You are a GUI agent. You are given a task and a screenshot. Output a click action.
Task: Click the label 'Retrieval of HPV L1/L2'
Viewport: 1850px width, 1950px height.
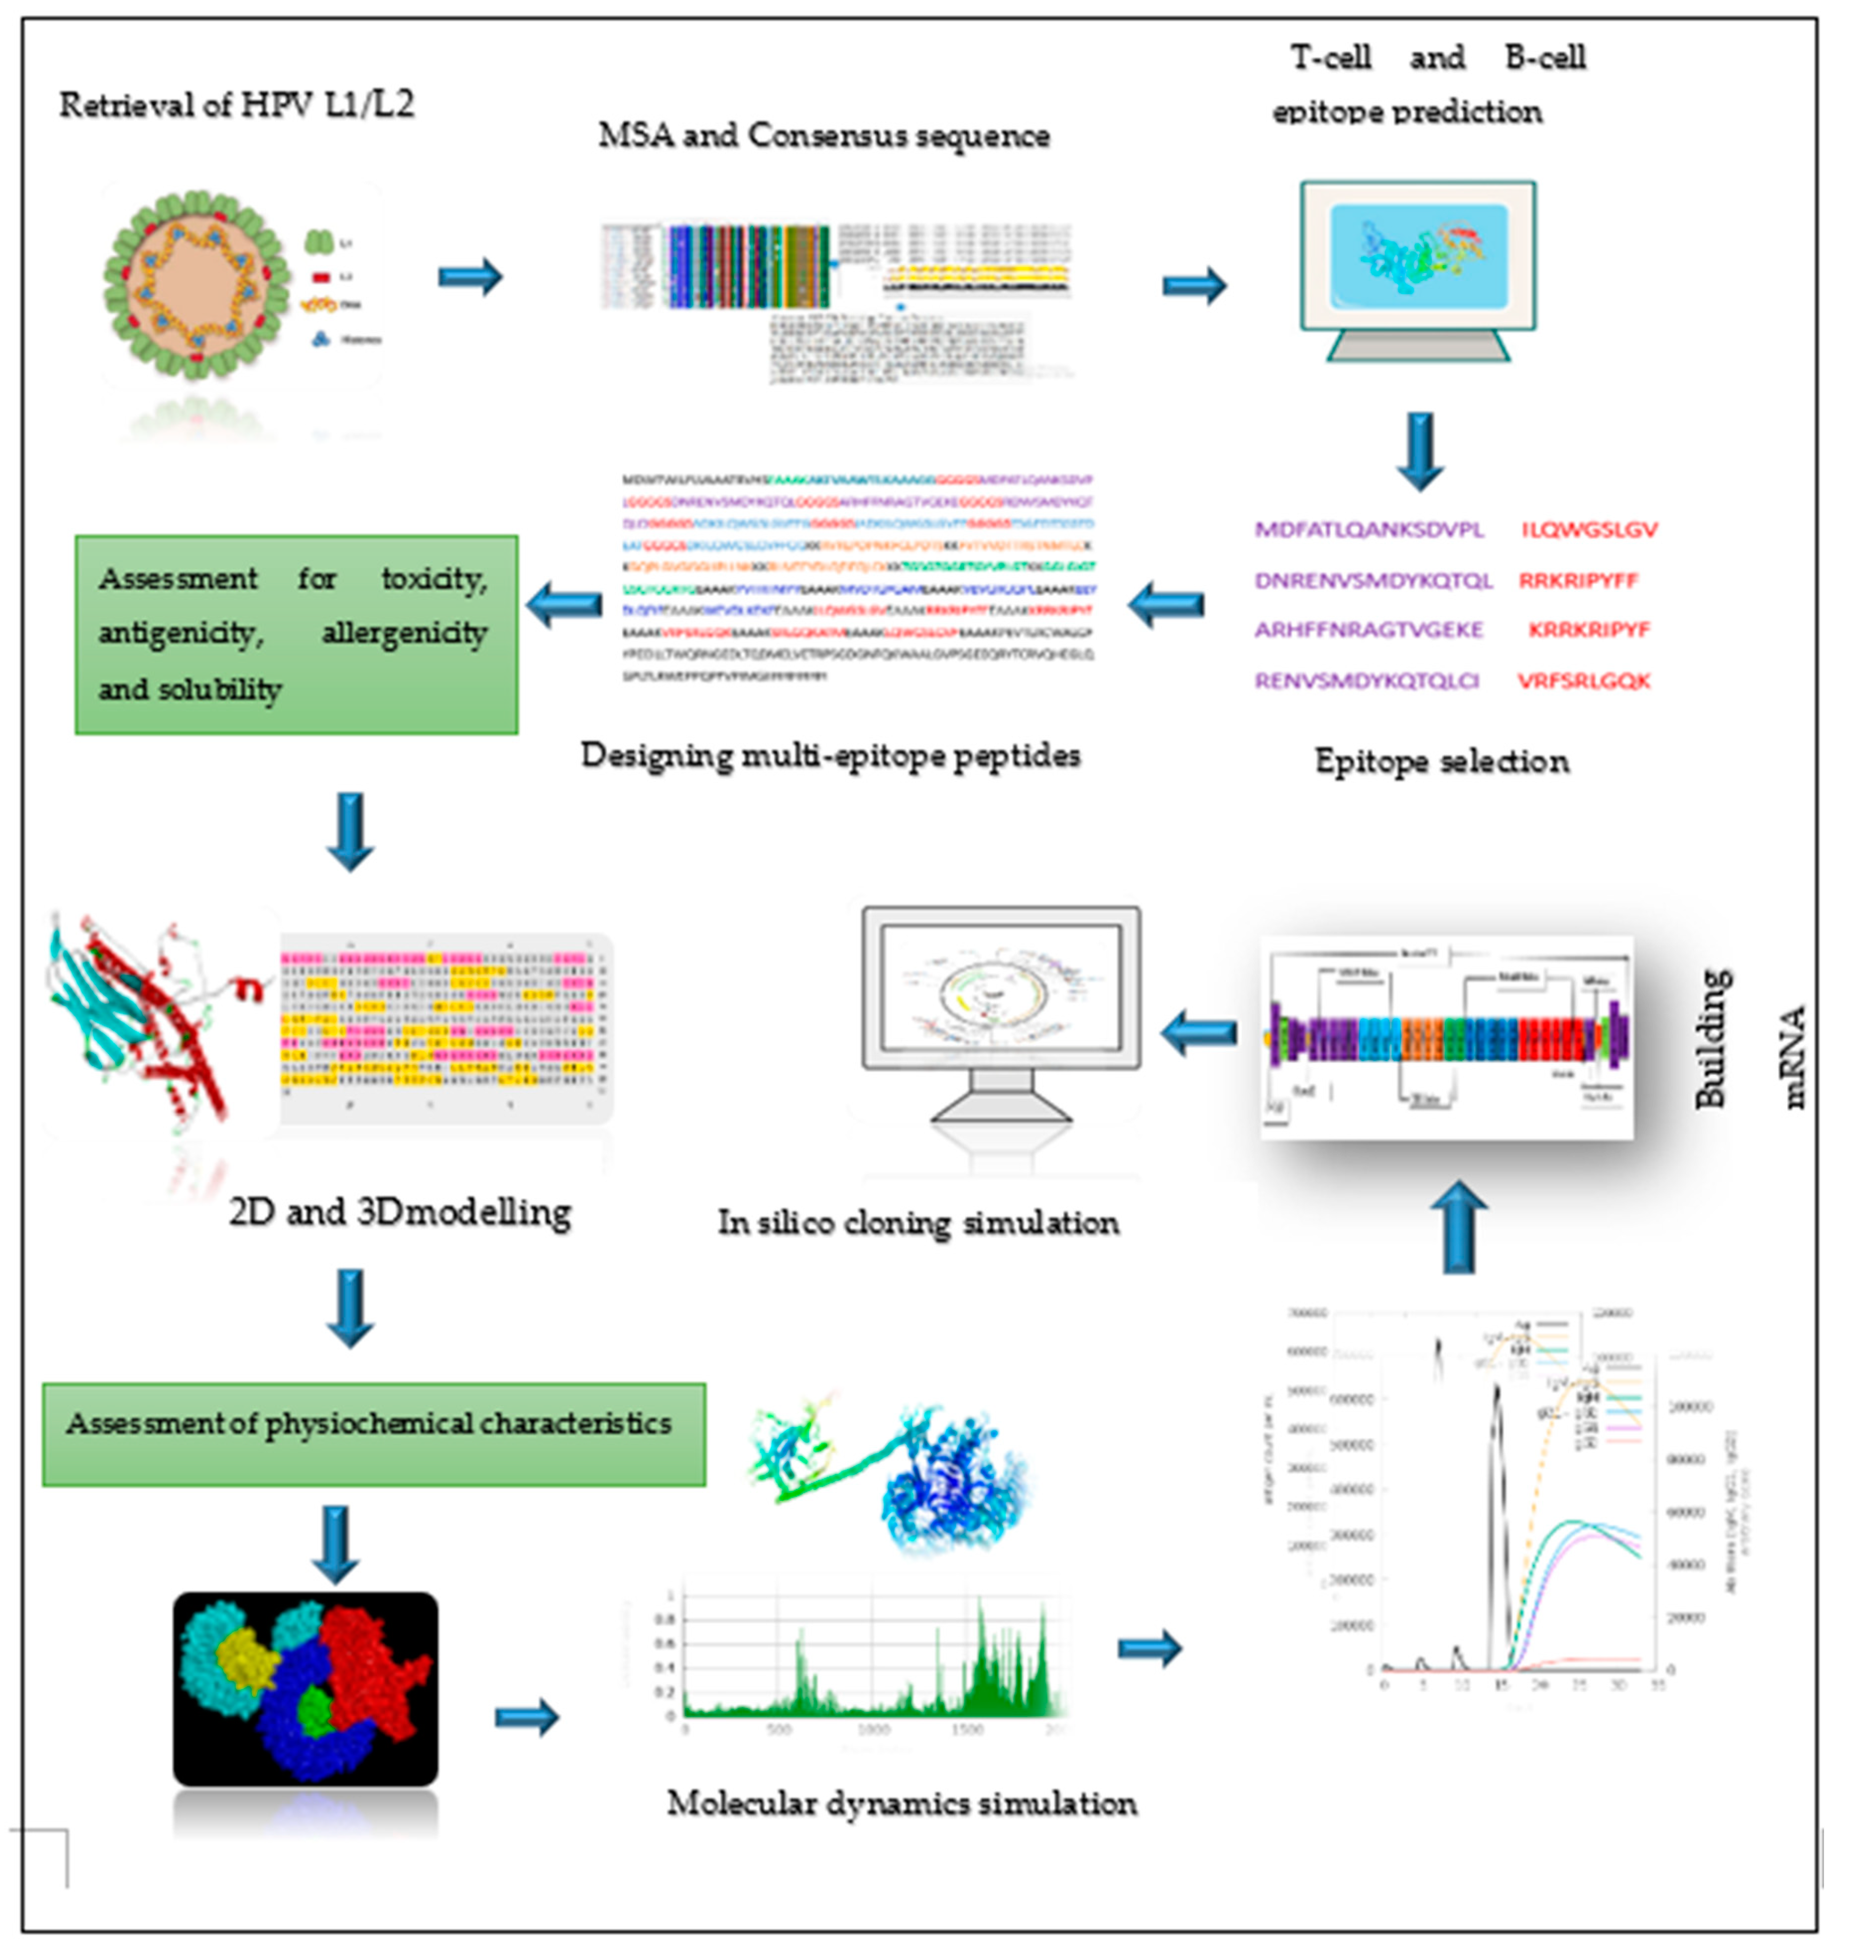[237, 105]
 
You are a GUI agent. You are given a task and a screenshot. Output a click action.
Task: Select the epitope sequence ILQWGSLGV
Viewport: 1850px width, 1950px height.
[1589, 530]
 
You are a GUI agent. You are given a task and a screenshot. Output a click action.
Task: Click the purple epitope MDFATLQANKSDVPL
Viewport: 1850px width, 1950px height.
[1369, 530]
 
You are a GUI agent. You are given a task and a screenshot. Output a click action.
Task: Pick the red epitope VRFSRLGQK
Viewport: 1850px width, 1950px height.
[1583, 680]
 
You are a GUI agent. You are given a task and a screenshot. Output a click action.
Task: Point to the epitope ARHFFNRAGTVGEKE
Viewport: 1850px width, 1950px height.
[1369, 629]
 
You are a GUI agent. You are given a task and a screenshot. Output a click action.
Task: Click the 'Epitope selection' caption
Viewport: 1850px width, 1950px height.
[1442, 761]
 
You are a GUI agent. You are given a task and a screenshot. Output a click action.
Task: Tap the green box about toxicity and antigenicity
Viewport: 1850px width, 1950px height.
[296, 634]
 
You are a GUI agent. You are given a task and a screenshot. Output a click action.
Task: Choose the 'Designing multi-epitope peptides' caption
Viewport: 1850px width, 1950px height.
[831, 755]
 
